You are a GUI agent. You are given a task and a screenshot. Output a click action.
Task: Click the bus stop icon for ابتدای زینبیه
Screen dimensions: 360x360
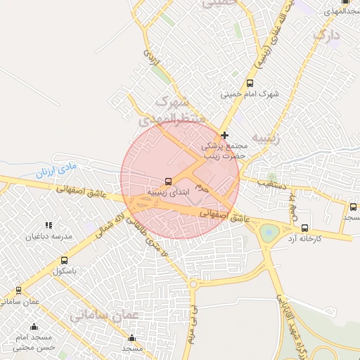pos(167,181)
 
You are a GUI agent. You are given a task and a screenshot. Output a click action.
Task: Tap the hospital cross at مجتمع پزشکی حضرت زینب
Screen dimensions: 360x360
pos(224,135)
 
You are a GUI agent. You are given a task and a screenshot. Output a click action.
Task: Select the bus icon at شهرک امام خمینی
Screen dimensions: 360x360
pos(250,83)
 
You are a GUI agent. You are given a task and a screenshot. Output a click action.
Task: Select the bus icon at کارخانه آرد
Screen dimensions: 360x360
pos(304,228)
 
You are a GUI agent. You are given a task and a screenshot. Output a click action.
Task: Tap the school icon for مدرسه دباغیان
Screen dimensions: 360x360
pos(49,226)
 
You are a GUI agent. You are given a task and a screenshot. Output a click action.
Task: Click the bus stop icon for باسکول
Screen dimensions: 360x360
pos(65,260)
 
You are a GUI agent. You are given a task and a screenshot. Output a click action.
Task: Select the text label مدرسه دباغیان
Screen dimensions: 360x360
pos(49,237)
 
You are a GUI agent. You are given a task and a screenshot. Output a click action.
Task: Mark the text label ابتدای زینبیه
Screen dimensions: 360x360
pos(167,192)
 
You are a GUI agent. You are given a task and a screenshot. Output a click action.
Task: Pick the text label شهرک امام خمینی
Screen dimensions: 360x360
pos(250,94)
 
